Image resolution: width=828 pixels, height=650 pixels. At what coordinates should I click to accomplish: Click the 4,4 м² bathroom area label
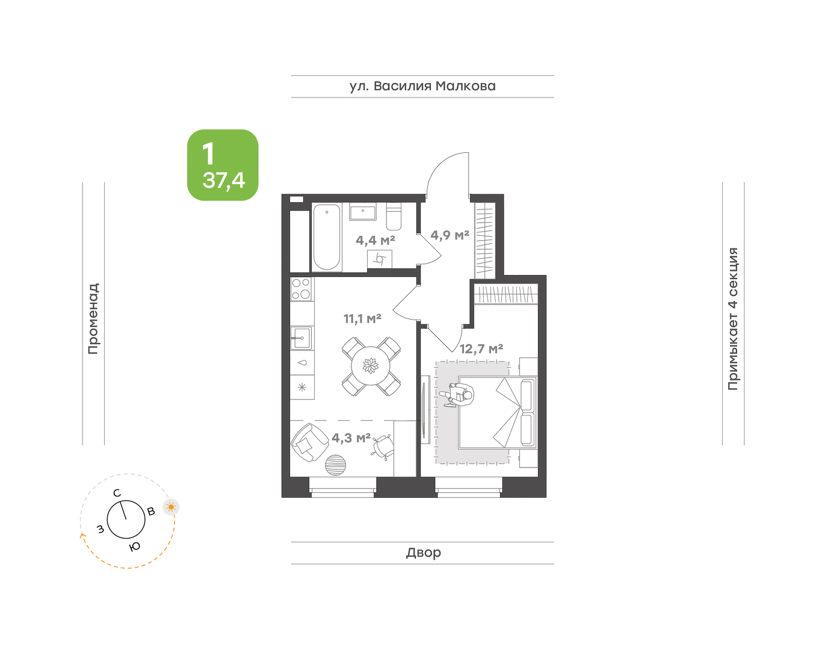(375, 240)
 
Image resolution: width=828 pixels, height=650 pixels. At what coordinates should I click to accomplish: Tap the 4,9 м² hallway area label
(450, 235)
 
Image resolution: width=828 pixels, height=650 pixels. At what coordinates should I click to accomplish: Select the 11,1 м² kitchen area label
(362, 318)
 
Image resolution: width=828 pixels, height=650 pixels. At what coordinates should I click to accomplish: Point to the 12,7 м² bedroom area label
(481, 348)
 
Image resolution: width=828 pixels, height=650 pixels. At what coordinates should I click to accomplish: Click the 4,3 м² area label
(351, 438)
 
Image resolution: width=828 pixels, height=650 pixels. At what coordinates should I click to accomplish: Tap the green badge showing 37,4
(223, 165)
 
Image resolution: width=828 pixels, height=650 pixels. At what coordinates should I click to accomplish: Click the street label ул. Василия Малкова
(422, 86)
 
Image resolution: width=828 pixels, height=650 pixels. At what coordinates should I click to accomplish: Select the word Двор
(424, 552)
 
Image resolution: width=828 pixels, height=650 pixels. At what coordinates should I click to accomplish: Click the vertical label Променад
(93, 319)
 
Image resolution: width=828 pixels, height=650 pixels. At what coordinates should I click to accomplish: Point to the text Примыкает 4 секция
(733, 319)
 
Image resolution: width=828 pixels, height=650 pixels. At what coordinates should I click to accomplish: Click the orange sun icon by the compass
(171, 507)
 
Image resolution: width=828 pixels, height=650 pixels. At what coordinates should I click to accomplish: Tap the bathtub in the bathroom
(327, 237)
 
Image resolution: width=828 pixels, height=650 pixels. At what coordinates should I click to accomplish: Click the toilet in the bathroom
(394, 217)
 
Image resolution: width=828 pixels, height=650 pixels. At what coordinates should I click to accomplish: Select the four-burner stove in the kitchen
(301, 288)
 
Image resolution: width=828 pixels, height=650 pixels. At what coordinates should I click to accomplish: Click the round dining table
(371, 366)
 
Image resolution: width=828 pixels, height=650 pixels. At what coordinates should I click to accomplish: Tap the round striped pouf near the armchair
(336, 465)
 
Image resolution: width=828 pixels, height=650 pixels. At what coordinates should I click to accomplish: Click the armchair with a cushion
(310, 442)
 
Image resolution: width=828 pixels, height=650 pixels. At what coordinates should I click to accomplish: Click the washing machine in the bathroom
(380, 259)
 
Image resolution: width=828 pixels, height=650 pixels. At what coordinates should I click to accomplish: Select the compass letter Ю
(134, 547)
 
